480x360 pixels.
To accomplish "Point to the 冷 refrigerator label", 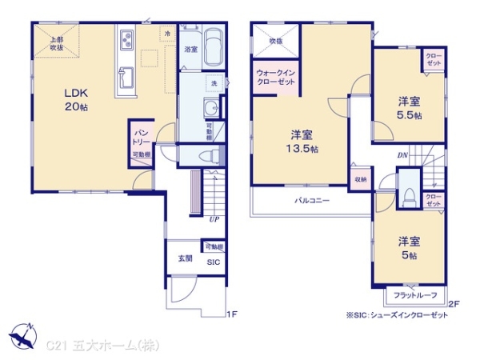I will (x=167, y=34).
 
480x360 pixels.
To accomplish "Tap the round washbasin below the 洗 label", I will (x=210, y=110).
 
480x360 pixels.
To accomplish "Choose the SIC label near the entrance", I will (x=214, y=262).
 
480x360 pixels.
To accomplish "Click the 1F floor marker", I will (x=232, y=314).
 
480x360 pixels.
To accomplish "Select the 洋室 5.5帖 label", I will (x=410, y=108).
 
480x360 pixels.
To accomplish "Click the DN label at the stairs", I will (x=402, y=155).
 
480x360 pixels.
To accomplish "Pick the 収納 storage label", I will (x=360, y=180).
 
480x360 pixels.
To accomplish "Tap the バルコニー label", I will (x=311, y=201).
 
